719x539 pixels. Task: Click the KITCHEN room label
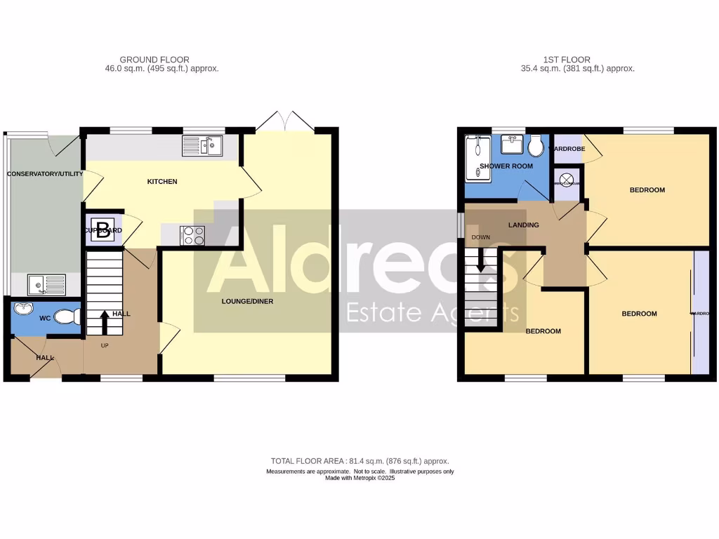pyautogui.click(x=162, y=182)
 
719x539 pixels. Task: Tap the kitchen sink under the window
pyautogui.click(x=202, y=146)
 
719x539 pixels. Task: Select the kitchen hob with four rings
pyautogui.click(x=192, y=235)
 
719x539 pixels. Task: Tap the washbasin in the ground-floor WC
pyautogui.click(x=22, y=309)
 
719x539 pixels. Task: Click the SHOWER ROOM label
pyautogui.click(x=506, y=166)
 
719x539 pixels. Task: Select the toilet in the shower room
pyautogui.click(x=536, y=146)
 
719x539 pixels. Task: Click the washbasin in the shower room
pyautogui.click(x=510, y=145)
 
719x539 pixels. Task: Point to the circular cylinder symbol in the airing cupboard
pyautogui.click(x=567, y=178)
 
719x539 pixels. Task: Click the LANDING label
pyautogui.click(x=524, y=225)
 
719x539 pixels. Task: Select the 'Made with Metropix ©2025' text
pyautogui.click(x=359, y=479)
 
